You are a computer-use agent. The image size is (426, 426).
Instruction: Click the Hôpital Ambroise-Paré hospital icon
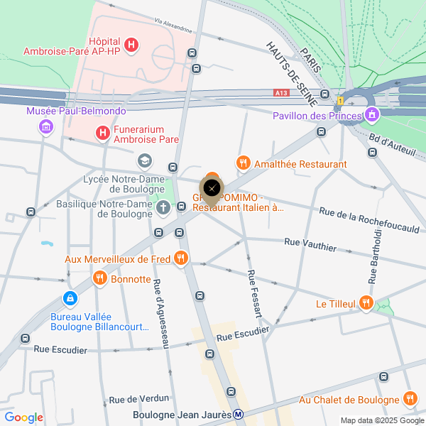pos(131,45)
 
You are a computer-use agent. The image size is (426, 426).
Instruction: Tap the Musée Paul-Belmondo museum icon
pos(46,127)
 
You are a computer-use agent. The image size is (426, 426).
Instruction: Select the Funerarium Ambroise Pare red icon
pos(103,132)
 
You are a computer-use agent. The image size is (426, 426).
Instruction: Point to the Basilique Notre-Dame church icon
pos(163,208)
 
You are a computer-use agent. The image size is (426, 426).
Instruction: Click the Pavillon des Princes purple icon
pos(371,115)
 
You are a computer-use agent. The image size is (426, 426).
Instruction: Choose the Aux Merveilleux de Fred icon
pos(181,259)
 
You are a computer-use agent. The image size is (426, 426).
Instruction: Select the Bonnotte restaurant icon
pos(99,278)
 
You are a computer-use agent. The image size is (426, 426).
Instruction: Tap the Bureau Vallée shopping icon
pos(70,299)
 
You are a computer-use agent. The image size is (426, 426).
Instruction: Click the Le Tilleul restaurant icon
pos(366,303)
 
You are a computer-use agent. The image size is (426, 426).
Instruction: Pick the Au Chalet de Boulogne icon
pos(409,399)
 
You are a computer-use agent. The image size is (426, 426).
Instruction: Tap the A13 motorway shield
pos(282,92)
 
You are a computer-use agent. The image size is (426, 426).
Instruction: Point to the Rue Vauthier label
pos(310,245)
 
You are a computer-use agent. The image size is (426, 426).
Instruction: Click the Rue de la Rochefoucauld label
pos(368,220)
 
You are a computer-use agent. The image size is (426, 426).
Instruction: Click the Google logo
pos(24,417)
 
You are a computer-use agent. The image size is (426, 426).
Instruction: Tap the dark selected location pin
pos(212,188)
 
